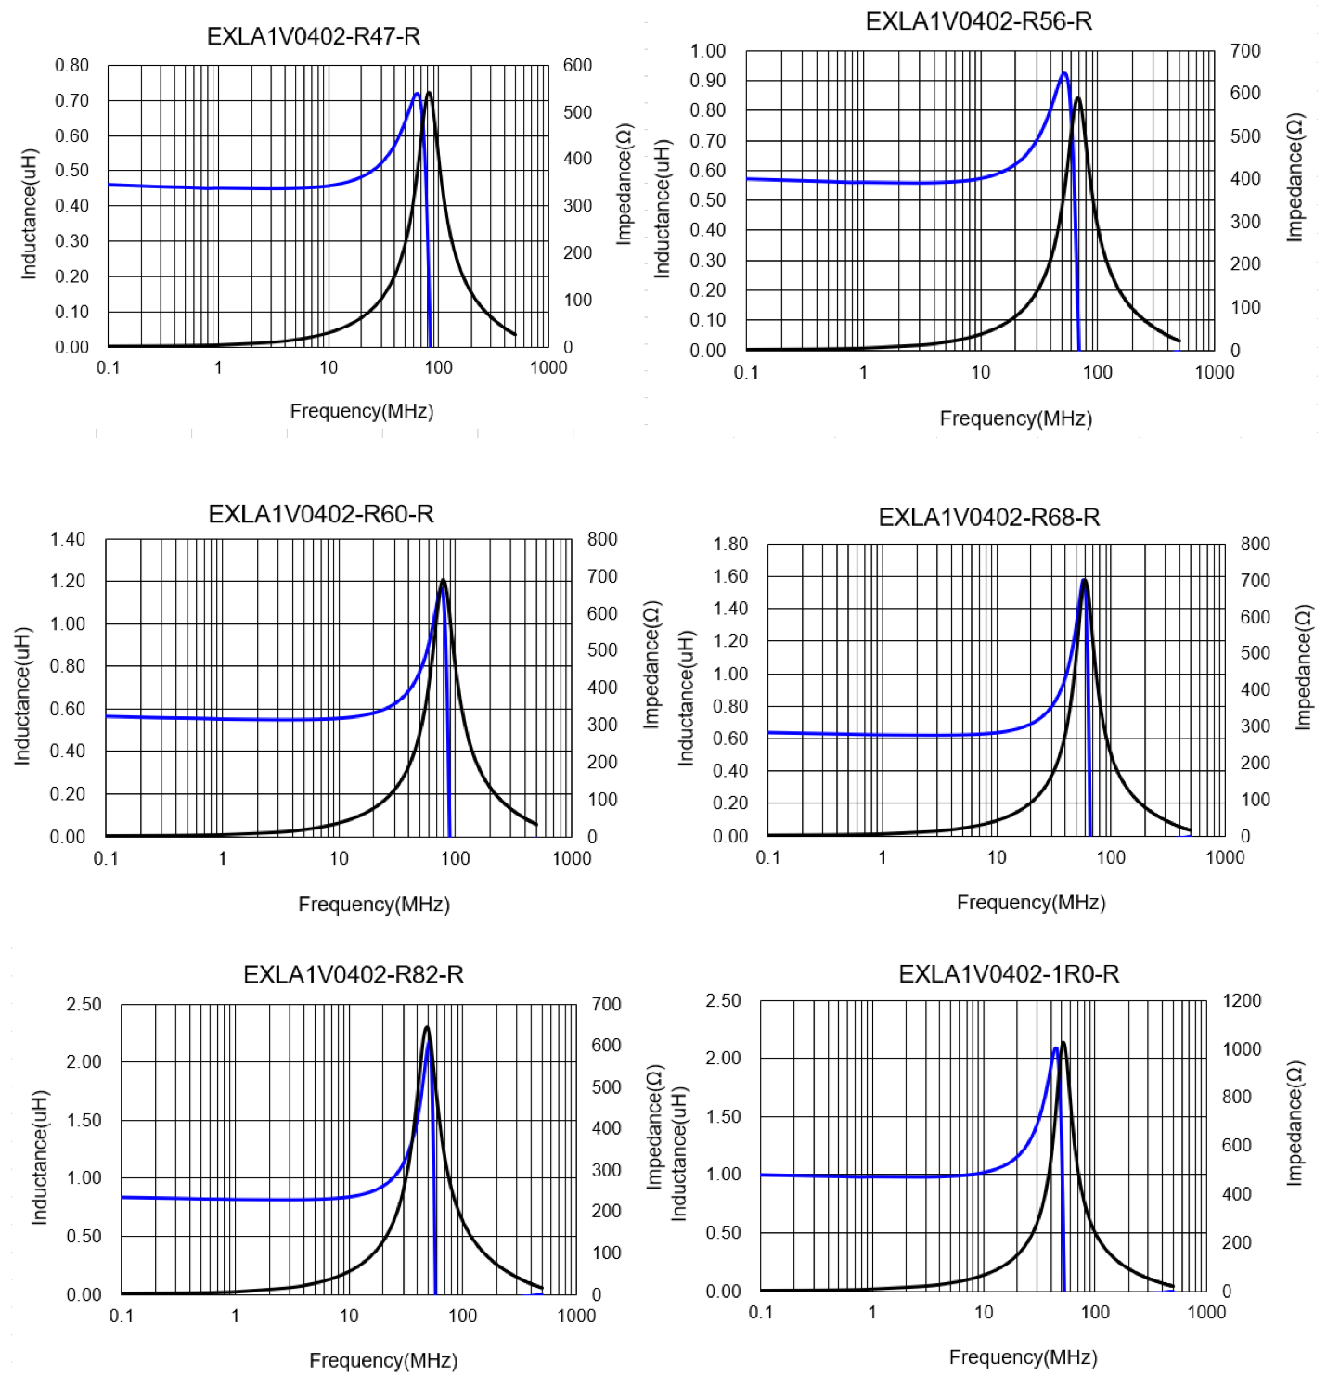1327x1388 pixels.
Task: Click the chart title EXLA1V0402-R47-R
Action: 313,36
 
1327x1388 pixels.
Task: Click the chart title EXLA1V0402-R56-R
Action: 978,21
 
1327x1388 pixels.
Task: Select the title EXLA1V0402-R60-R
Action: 321,514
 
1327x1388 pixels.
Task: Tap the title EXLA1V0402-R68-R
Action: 989,518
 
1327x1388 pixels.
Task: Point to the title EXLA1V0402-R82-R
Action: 354,975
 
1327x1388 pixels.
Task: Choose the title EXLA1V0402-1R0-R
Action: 1009,974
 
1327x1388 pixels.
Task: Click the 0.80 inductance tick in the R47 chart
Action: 71,66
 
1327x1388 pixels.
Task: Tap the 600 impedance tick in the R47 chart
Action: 577,66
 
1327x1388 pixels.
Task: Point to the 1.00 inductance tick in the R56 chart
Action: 707,51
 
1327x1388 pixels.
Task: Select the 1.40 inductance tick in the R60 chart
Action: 68,539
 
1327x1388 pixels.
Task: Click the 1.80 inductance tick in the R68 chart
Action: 730,544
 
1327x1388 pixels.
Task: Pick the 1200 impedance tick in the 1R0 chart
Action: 1242,1000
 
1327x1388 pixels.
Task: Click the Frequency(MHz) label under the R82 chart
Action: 383,1360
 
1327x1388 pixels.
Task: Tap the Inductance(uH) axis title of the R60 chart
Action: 22,696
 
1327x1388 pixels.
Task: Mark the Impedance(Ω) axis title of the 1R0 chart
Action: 1295,1123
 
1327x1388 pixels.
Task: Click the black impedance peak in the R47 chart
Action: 428,93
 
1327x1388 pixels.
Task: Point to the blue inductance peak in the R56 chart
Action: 1064,73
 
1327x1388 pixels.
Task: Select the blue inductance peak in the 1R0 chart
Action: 1056,1048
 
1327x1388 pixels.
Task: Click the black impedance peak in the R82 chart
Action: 426,1027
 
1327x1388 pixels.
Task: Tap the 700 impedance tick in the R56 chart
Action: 1245,51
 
